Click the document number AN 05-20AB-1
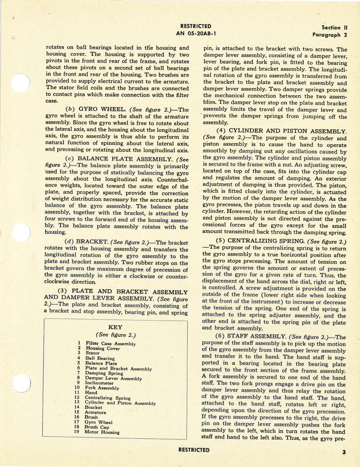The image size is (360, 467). (x=196, y=33)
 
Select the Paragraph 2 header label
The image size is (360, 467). (x=330, y=35)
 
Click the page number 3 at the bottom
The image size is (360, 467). (x=344, y=452)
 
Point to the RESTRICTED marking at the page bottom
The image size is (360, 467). (x=194, y=450)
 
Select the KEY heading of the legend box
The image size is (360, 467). (x=115, y=327)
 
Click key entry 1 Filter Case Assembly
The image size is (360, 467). (x=110, y=344)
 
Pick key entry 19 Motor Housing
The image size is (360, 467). (x=102, y=432)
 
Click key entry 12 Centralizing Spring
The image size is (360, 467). (x=107, y=398)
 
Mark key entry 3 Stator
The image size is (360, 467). (x=92, y=353)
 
